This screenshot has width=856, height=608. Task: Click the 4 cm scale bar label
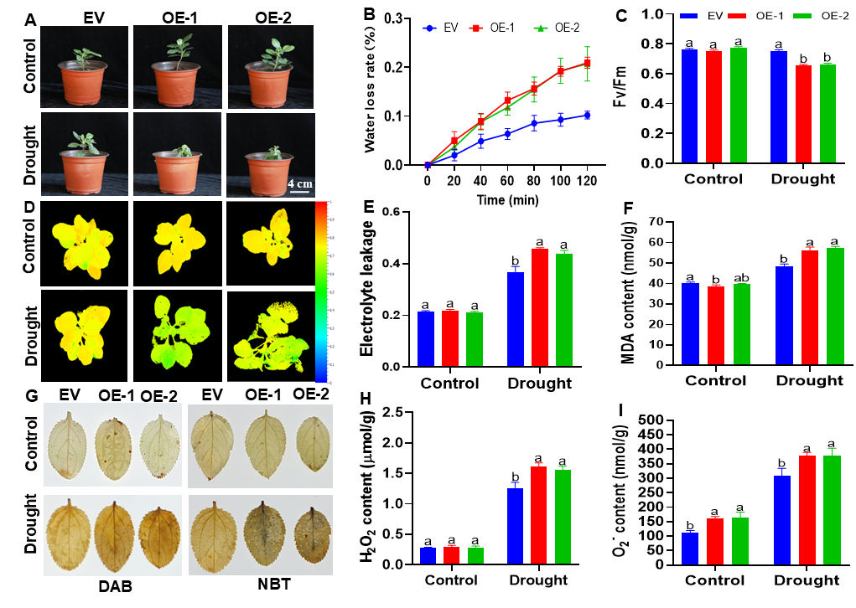click(302, 183)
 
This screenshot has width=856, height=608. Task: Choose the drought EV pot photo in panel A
click(84, 152)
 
